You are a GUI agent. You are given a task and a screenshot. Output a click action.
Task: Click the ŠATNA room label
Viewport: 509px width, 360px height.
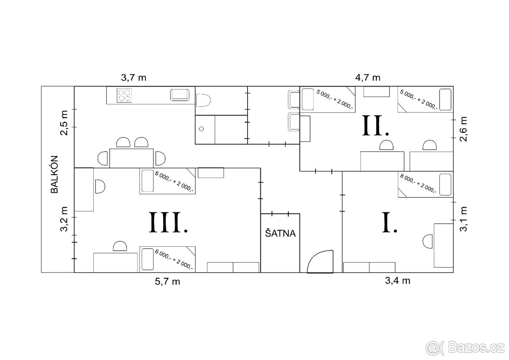pyautogui.click(x=280, y=233)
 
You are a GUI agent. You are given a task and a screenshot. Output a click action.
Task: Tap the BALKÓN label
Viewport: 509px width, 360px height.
pyautogui.click(x=55, y=174)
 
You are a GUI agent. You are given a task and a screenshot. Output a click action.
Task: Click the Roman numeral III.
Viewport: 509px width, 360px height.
pyautogui.click(x=168, y=222)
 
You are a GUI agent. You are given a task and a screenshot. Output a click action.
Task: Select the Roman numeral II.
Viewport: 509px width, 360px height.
pyautogui.click(x=375, y=125)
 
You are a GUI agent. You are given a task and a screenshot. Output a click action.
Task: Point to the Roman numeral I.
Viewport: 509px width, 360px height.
pyautogui.click(x=389, y=222)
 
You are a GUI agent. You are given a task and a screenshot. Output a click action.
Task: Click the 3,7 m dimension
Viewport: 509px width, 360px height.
pyautogui.click(x=134, y=78)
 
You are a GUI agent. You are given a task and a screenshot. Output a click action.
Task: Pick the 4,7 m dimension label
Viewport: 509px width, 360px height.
pyautogui.click(x=368, y=78)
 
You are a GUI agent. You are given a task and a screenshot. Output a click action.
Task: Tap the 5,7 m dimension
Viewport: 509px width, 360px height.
pyautogui.click(x=168, y=282)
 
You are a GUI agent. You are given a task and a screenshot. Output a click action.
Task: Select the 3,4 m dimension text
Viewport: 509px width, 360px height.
pyautogui.click(x=398, y=281)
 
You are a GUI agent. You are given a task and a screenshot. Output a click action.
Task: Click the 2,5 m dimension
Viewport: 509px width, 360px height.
pyautogui.click(x=64, y=123)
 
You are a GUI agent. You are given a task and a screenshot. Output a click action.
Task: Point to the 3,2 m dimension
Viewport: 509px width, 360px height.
pyautogui.click(x=64, y=219)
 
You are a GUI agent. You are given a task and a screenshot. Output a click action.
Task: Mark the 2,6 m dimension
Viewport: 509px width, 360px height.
pyautogui.click(x=463, y=129)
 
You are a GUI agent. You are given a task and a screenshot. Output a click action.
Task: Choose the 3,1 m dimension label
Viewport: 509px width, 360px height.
pyautogui.click(x=463, y=219)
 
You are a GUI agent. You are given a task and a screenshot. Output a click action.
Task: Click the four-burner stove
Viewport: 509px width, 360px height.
pyautogui.click(x=124, y=95)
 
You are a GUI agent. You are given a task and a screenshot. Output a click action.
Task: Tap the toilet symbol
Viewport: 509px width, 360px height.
pyautogui.click(x=203, y=100)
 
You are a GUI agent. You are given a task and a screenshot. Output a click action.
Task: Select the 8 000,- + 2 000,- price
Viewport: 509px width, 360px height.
pyautogui.click(x=418, y=184)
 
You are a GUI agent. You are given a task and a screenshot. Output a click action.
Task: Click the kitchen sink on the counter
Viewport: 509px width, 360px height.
pyautogui.click(x=180, y=95)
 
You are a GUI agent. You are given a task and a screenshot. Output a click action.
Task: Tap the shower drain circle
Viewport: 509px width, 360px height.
pyautogui.click(x=201, y=129)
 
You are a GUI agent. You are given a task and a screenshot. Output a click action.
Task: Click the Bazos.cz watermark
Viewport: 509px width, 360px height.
pyautogui.click(x=465, y=348)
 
